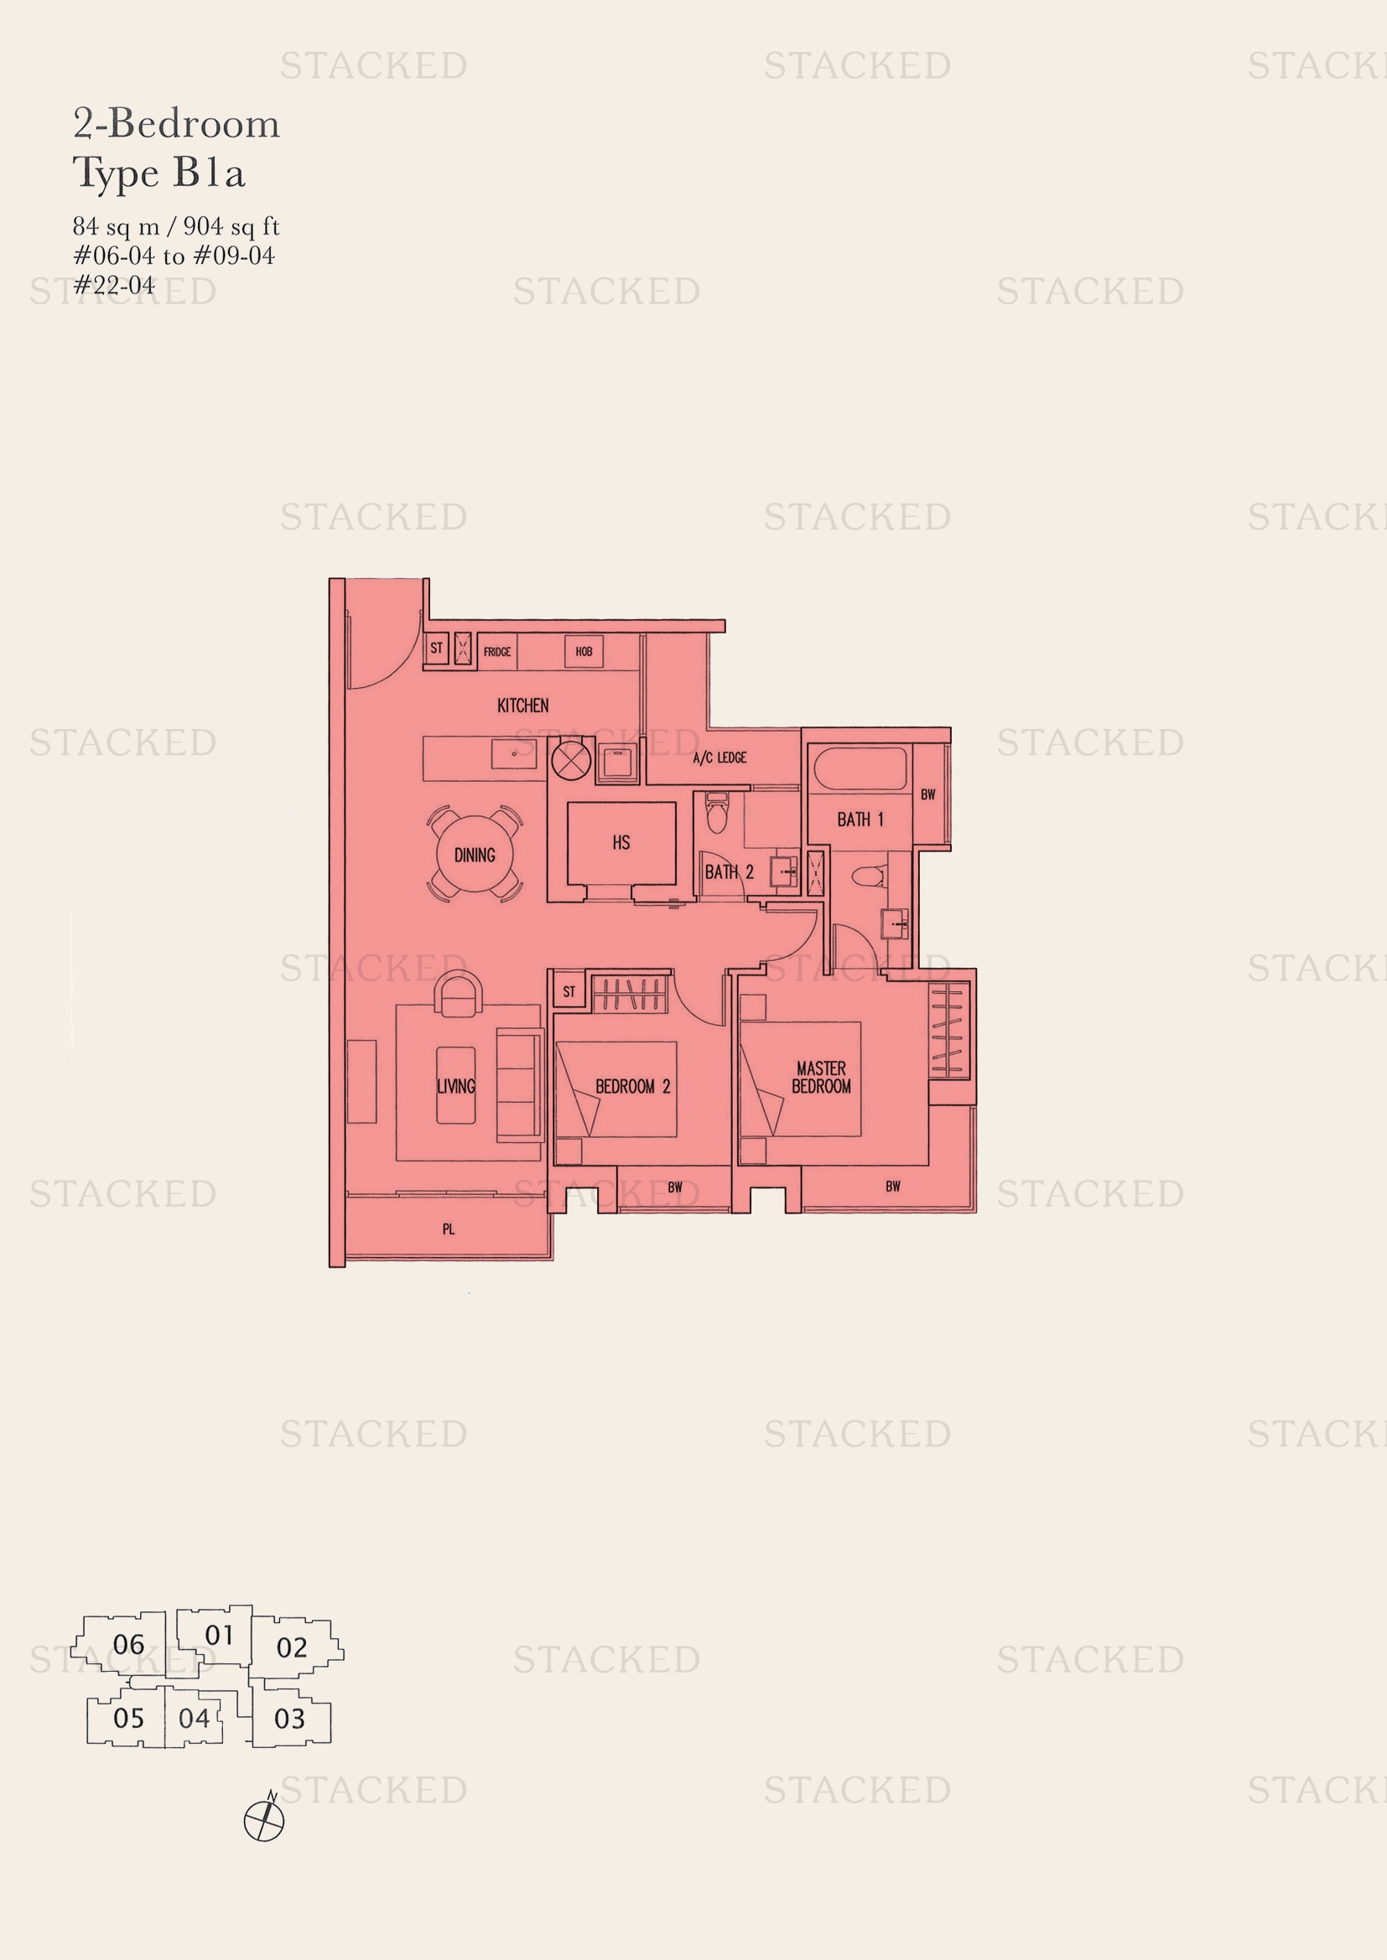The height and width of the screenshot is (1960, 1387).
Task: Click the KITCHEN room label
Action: tap(522, 706)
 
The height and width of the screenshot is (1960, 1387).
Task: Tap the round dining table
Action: tap(475, 854)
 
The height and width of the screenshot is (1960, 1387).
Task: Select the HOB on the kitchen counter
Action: tap(584, 651)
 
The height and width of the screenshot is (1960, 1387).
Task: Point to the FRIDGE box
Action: tap(497, 652)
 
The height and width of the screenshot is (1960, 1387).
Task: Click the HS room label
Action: tap(621, 842)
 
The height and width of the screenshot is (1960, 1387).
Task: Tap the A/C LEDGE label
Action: tap(720, 758)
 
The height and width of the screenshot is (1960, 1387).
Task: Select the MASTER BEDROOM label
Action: tap(822, 1078)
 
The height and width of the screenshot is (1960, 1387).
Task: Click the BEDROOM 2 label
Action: tap(633, 1087)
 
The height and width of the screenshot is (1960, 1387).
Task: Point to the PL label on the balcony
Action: tap(449, 1229)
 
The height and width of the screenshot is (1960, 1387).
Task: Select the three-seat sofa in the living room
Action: tap(520, 1085)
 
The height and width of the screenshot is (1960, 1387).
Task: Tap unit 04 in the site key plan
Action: tap(194, 1719)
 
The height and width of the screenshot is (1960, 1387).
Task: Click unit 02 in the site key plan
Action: tap(292, 1647)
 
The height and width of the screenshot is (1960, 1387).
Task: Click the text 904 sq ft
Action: tap(231, 226)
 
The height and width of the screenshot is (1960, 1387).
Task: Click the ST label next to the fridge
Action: tap(436, 649)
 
